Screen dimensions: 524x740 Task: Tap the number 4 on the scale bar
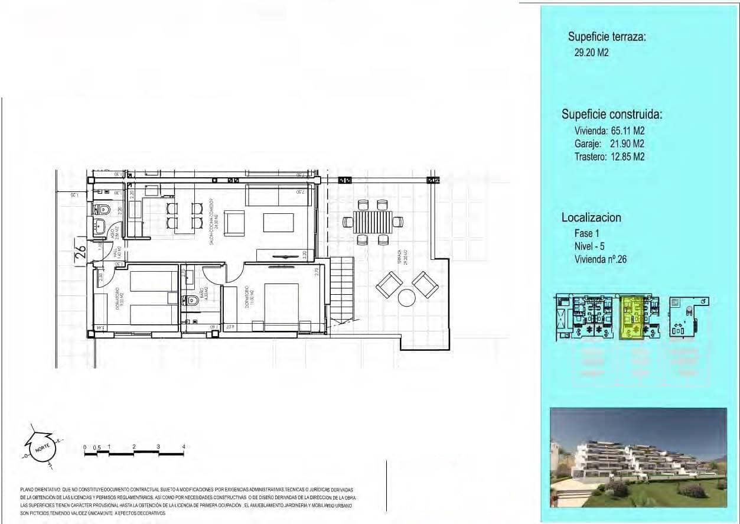click(x=184, y=447)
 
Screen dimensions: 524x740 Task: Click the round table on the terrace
click(x=408, y=297)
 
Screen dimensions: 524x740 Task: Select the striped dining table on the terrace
click(x=372, y=223)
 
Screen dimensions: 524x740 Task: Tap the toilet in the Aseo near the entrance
click(x=102, y=209)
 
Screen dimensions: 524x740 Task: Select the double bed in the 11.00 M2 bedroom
click(x=281, y=303)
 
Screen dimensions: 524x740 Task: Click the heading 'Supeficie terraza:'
click(x=607, y=37)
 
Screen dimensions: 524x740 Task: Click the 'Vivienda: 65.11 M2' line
click(x=609, y=131)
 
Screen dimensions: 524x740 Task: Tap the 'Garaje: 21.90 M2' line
click(x=609, y=144)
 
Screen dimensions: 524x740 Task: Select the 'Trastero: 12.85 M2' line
click(x=609, y=157)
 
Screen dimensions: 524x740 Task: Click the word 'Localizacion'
click(x=591, y=217)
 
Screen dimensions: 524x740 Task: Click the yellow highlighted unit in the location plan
click(x=632, y=318)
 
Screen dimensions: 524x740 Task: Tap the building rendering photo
click(x=638, y=457)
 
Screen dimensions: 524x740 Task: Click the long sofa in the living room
click(x=278, y=194)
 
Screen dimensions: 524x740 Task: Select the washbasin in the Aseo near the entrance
click(x=100, y=225)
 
